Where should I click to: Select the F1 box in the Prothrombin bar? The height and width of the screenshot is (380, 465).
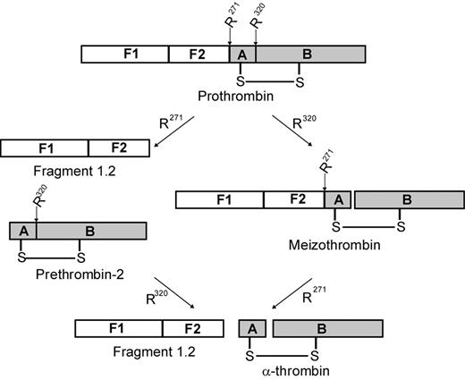point(124,55)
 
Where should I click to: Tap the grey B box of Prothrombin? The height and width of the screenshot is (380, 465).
point(310,55)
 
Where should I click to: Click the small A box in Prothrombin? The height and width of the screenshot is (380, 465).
point(242,55)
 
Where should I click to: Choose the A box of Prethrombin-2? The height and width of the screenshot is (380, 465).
point(21,231)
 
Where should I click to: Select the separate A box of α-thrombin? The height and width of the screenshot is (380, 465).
point(250,328)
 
